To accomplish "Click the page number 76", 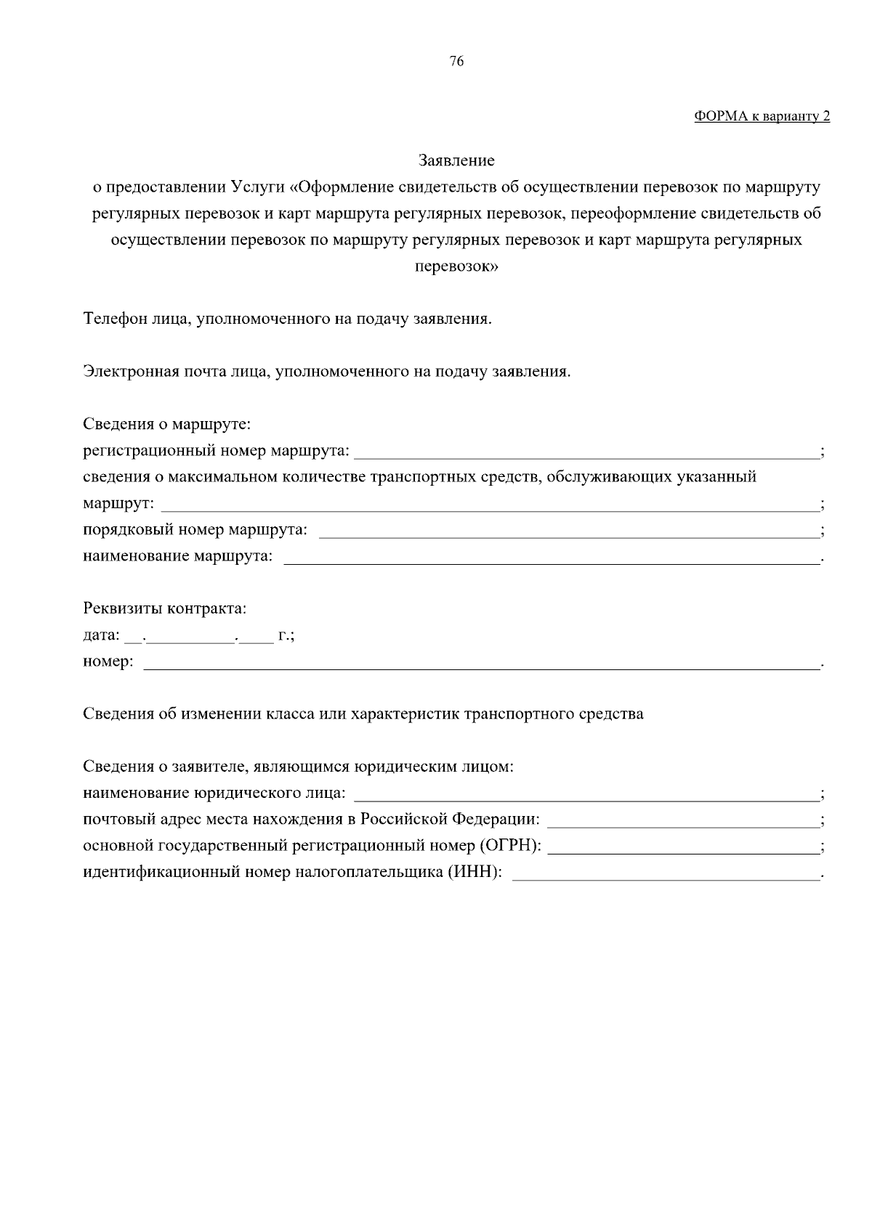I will point(456,62).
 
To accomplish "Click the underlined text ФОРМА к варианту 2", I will point(762,116).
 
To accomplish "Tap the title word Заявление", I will point(456,160).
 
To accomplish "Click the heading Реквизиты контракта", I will point(165,608).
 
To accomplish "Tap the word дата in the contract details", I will point(100,636).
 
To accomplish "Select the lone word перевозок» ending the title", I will point(456,266).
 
